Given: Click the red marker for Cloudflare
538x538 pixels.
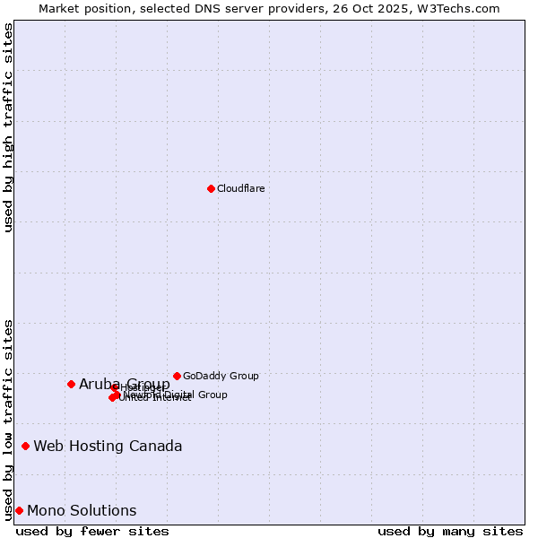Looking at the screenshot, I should click(211, 188).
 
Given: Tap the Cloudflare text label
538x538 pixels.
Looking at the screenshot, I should click(240, 188).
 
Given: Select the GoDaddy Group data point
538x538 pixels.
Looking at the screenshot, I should click(177, 376).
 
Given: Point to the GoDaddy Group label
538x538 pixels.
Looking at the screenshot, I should click(221, 376).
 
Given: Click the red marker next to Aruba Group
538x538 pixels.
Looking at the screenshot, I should click(71, 384).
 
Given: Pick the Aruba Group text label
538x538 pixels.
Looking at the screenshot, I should click(124, 384).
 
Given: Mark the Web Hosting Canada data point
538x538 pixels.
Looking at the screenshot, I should click(25, 446).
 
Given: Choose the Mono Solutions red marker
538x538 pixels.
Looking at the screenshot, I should click(19, 510).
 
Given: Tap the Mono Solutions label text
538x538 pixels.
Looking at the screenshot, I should click(82, 510).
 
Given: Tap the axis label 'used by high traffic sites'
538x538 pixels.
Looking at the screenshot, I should click(9, 127).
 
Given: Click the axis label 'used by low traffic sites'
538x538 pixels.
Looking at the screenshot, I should click(9, 419).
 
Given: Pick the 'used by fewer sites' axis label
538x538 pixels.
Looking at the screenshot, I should click(92, 531).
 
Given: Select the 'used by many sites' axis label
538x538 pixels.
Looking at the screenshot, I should click(450, 531).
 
